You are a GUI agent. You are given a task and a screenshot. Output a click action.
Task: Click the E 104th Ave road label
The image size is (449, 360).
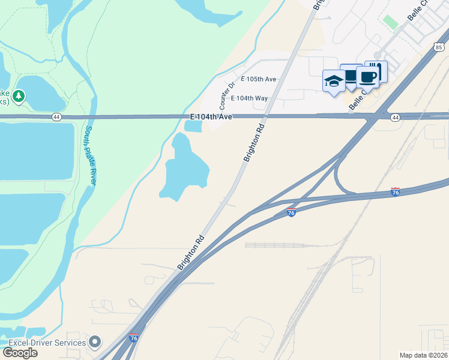211,116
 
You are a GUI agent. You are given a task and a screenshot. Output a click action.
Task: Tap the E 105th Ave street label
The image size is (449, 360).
259,79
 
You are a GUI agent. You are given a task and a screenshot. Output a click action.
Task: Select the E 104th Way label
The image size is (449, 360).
249,98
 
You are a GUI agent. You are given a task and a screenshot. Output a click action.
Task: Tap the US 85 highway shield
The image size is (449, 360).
439,46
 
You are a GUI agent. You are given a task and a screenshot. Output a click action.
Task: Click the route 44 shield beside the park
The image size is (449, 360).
56,116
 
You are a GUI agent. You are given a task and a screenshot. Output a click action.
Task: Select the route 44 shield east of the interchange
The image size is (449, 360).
394,118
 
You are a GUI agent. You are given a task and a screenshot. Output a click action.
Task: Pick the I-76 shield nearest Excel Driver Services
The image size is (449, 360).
134,338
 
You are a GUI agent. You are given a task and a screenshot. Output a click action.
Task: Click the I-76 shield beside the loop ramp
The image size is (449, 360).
395,192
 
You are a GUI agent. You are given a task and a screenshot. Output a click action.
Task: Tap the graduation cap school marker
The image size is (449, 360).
333,82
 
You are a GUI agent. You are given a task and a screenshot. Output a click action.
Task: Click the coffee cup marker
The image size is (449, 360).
367,77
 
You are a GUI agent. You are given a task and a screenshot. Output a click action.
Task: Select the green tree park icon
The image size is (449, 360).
19,96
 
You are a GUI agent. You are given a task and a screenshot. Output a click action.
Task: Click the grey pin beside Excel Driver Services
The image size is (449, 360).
95,343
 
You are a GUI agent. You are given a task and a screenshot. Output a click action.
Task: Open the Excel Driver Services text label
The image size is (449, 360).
47,343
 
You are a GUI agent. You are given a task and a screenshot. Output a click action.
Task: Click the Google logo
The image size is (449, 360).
20,352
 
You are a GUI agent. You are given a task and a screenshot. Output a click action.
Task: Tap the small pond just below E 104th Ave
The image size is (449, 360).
193,126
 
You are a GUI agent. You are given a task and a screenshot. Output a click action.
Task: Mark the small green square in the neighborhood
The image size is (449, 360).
391,22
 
